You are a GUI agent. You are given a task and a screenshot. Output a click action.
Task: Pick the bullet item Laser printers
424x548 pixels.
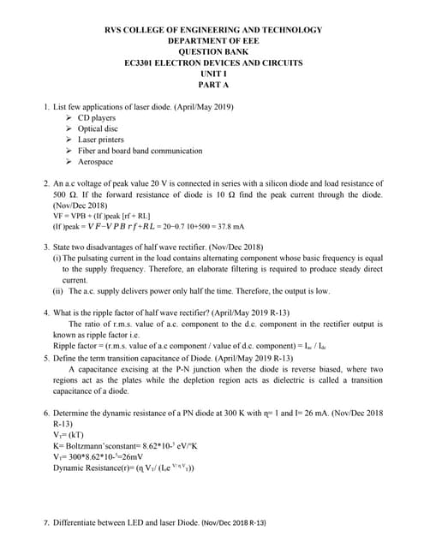100,140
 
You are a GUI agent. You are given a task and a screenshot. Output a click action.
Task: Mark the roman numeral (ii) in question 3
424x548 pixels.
58,291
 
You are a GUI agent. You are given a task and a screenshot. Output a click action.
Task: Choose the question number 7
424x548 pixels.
46,522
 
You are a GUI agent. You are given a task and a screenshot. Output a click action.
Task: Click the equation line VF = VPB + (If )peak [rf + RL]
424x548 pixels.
102,216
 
